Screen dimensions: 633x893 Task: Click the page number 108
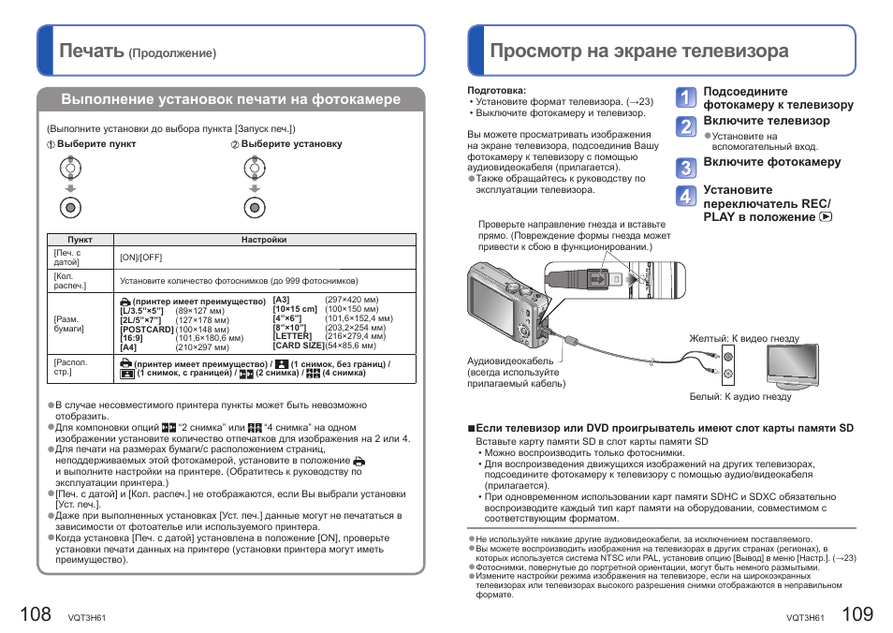tap(35, 613)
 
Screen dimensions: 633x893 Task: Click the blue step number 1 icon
tap(686, 97)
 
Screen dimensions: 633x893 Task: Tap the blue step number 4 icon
tap(686, 197)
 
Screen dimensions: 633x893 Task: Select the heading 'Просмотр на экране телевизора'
tap(638, 51)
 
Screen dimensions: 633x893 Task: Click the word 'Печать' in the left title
tap(91, 51)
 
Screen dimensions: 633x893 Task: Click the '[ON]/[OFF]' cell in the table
tap(140, 258)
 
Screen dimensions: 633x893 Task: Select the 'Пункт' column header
tap(81, 240)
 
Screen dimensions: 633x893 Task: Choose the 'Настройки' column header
tap(263, 240)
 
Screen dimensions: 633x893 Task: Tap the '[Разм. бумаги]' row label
tap(68, 324)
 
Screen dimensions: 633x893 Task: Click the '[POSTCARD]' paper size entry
tap(147, 329)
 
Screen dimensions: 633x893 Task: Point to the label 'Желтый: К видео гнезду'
tap(744, 339)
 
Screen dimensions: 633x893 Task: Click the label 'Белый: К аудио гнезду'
tap(740, 396)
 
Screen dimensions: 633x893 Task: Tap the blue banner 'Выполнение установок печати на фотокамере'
tap(230, 99)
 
